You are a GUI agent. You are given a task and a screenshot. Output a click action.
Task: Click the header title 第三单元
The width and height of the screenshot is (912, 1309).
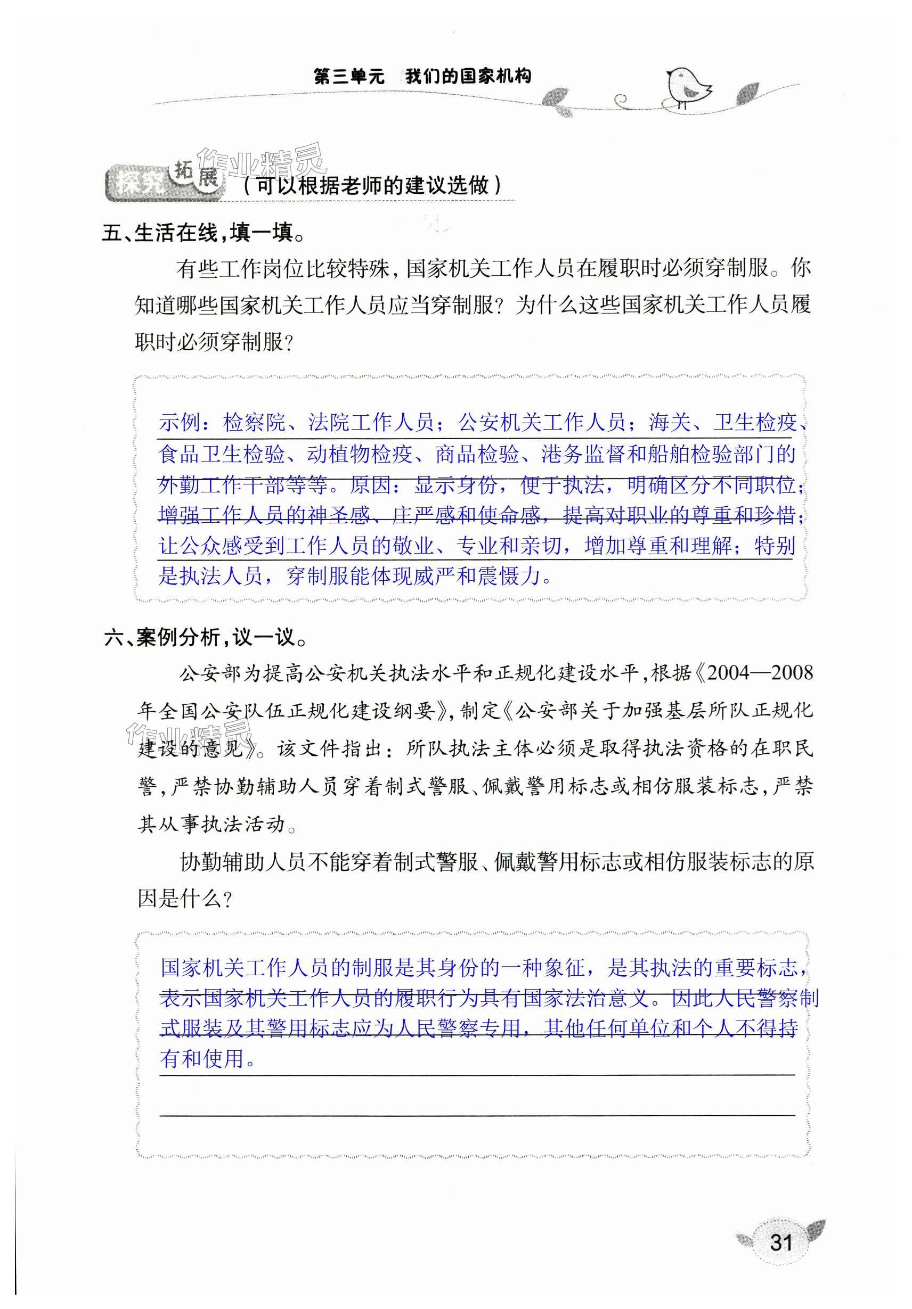pyautogui.click(x=349, y=77)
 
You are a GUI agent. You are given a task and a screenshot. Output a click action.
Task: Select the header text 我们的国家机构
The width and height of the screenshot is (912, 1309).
pyautogui.click(x=468, y=77)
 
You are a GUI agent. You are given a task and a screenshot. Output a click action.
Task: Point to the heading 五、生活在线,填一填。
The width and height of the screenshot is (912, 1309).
pyautogui.click(x=205, y=233)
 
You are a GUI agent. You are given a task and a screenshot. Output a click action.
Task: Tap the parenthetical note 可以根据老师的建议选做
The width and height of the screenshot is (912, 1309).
pyautogui.click(x=372, y=185)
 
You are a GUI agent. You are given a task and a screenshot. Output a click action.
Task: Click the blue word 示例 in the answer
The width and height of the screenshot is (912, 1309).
pyautogui.click(x=180, y=423)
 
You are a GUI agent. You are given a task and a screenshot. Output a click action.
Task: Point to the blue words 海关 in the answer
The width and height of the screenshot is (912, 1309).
pyautogui.click(x=669, y=423)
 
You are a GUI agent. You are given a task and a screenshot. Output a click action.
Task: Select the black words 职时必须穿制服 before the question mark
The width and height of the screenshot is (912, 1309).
pyautogui.click(x=209, y=342)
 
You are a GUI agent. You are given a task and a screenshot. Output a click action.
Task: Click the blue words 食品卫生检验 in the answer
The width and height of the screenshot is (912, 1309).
pyautogui.click(x=222, y=454)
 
